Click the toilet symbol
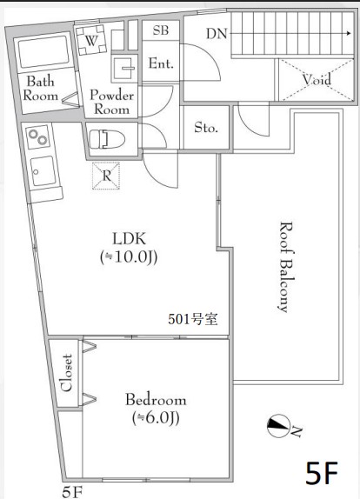point(107,139)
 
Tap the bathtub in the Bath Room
point(43,51)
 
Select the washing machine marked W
point(91,40)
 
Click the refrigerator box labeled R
point(106,176)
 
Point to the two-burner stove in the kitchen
point(38,137)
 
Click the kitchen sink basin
point(43,171)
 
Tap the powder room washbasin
point(124,68)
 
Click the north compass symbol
point(277,426)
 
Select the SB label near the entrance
point(161,30)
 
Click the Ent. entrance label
point(161,63)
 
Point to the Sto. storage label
point(206,128)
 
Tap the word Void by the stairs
point(317,79)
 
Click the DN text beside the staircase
point(217,33)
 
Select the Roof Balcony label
point(285,268)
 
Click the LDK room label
point(129,238)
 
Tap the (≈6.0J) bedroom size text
point(156,417)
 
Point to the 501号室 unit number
point(193,319)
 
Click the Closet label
point(67,373)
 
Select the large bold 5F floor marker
point(322,473)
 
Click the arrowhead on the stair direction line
point(350,33)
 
